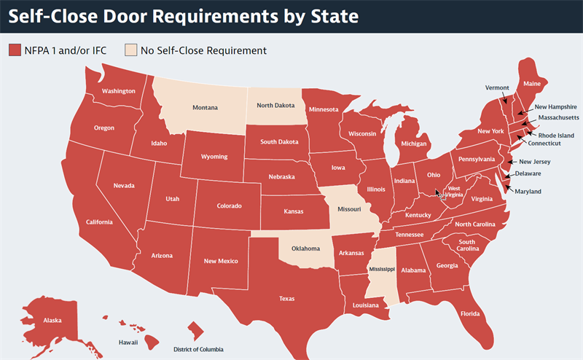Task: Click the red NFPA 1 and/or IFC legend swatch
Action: tap(15, 50)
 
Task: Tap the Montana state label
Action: tap(205, 108)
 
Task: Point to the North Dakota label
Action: tap(275, 105)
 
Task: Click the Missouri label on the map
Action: tap(349, 209)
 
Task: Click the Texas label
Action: tap(287, 298)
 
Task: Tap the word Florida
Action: tap(469, 314)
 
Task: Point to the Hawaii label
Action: tap(128, 341)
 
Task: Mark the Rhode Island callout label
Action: tap(556, 135)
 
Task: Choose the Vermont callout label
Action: tap(497, 87)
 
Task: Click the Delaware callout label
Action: tap(528, 173)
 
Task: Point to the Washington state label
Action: tap(119, 91)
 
